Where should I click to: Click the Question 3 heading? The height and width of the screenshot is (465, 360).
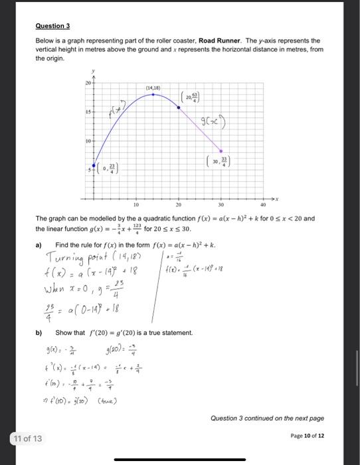tap(52, 26)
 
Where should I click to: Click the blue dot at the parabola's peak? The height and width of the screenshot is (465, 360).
tap(153, 94)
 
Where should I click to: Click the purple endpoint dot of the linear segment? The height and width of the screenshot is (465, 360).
tap(222, 151)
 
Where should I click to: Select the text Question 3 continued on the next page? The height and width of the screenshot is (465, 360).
tap(267, 418)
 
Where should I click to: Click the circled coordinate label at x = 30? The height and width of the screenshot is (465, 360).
tap(220, 162)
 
